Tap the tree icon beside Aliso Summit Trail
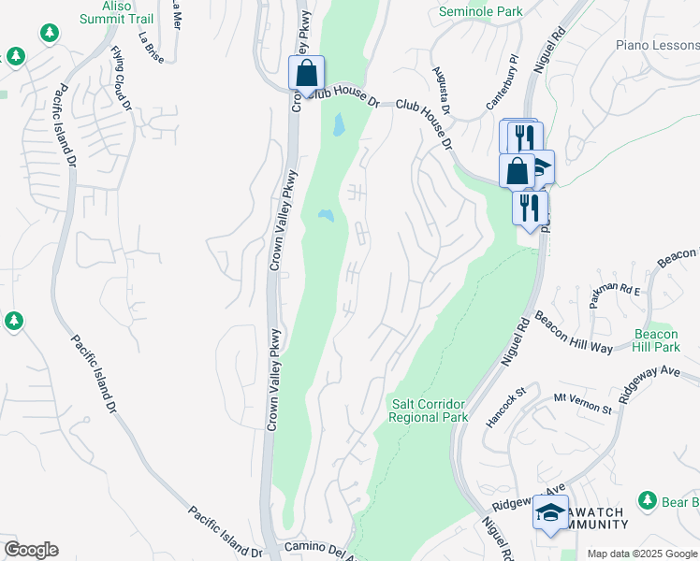pyautogui.click(x=50, y=34)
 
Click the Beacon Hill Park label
pyautogui.click(x=655, y=340)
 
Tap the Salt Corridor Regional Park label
pyautogui.click(x=429, y=410)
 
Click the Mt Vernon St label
pyautogui.click(x=582, y=404)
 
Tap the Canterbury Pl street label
pyautogui.click(x=503, y=85)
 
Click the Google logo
pyautogui.click(x=31, y=550)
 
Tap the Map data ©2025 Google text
pyautogui.click(x=642, y=554)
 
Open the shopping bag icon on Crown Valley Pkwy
pyautogui.click(x=306, y=72)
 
